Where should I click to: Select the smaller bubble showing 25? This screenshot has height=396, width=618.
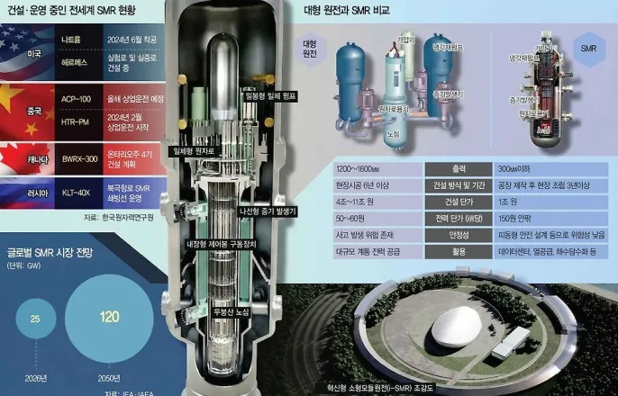click(37, 320)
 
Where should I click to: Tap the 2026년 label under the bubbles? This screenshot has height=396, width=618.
click(37, 379)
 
